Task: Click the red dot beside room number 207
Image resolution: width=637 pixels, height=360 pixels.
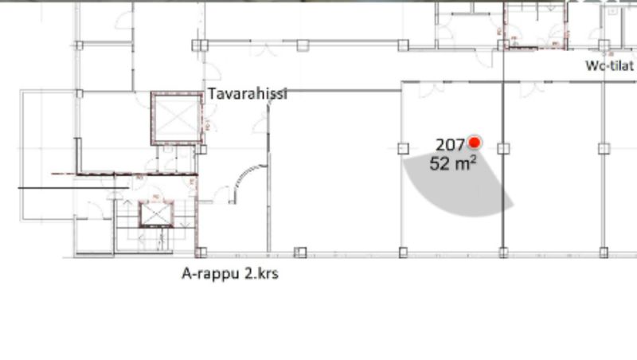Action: [x=474, y=143]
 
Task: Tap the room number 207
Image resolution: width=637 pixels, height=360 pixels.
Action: [x=450, y=145]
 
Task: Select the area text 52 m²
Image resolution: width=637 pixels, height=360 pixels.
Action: [x=453, y=164]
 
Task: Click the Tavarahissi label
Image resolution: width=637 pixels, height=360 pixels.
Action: [x=248, y=94]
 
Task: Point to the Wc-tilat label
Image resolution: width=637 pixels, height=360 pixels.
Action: [x=609, y=66]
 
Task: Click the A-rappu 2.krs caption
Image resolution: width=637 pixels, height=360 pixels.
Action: [x=230, y=273]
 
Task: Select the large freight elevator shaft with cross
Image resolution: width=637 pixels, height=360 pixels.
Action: [x=177, y=118]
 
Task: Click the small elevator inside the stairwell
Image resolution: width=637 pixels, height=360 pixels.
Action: [x=156, y=213]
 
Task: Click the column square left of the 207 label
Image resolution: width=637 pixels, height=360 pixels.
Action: [x=403, y=149]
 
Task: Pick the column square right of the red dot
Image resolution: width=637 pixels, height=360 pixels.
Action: [x=503, y=149]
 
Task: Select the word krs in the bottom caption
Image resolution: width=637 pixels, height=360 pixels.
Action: [x=268, y=273]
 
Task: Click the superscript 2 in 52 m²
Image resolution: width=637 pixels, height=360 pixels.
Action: [x=473, y=158]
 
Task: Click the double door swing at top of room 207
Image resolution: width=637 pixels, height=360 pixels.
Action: [x=432, y=89]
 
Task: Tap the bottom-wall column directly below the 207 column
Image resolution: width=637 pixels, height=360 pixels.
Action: [x=403, y=252]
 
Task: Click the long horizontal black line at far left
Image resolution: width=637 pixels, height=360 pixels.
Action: [x=73, y=188]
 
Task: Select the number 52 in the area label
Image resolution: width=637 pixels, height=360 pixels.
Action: [x=440, y=164]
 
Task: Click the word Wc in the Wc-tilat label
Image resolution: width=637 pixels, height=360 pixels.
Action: [x=594, y=66]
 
